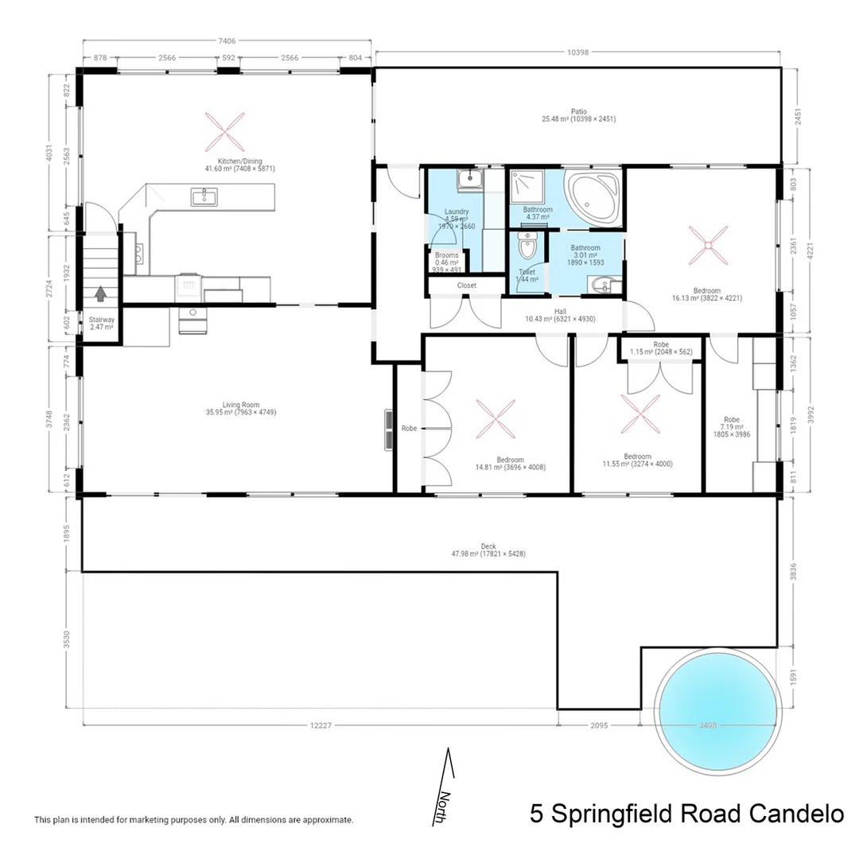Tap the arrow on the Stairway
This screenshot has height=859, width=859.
point(100,294)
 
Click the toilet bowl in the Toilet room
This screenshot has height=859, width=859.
point(527,247)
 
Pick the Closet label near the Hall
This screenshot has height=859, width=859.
point(467,285)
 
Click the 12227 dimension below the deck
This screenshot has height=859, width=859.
point(321,725)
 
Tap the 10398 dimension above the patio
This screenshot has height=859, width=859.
point(578,52)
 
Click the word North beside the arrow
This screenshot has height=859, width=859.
point(445,808)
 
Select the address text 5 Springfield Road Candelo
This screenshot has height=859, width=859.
point(686,814)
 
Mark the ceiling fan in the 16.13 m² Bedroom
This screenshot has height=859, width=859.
point(706,246)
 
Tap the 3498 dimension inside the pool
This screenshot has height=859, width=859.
point(709,725)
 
